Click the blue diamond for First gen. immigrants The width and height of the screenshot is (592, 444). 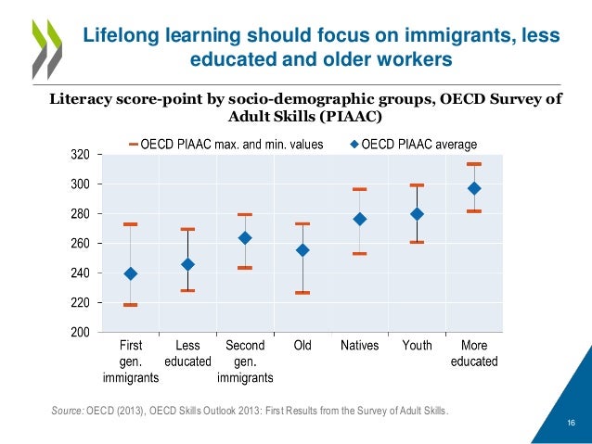click(131, 273)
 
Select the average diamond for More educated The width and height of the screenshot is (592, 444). click(475, 188)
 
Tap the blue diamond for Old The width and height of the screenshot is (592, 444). click(302, 250)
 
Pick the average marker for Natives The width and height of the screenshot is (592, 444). click(360, 219)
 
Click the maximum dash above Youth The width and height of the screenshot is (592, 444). click(417, 185)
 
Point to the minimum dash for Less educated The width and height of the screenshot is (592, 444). click(187, 290)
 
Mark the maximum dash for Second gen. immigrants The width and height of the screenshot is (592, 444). click(245, 214)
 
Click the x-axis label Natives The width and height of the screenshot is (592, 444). click(359, 346)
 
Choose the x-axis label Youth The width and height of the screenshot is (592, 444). click(417, 346)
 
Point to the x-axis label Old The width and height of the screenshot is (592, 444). click(302, 346)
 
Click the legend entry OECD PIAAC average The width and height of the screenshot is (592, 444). click(418, 144)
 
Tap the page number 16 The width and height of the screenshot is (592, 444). click(571, 424)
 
